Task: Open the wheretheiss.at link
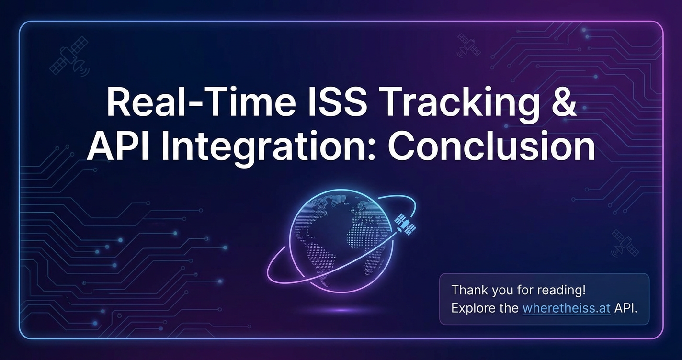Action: tap(566, 308)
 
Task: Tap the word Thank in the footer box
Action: tap(469, 290)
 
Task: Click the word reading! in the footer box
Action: tap(561, 290)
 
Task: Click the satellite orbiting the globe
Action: tap(405, 225)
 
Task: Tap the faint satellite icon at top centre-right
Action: tap(468, 45)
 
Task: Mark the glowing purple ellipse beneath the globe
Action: tap(341, 310)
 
